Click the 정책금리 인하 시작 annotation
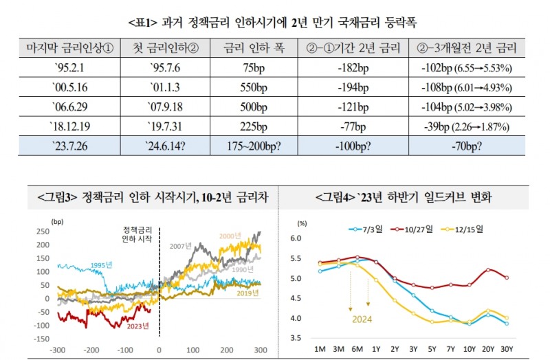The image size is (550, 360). click(x=135, y=232)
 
